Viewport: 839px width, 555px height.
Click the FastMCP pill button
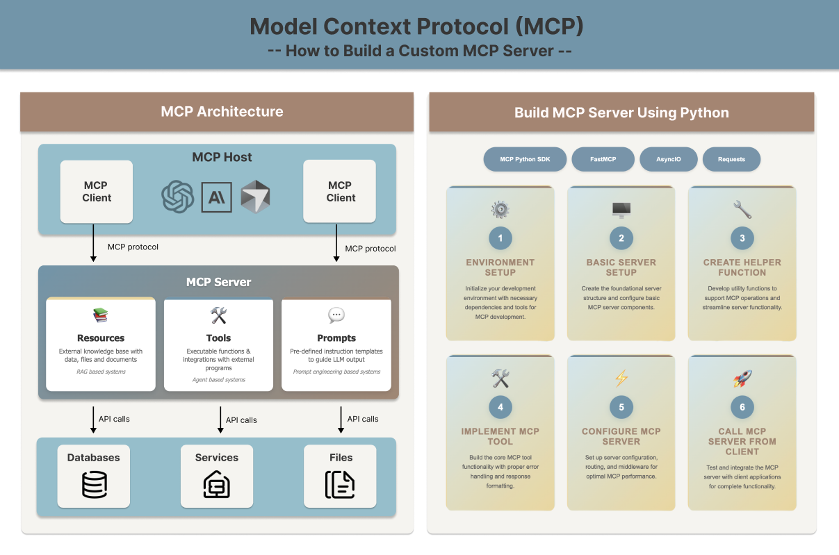pyautogui.click(x=603, y=159)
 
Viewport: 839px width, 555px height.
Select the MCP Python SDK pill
pyautogui.click(x=525, y=159)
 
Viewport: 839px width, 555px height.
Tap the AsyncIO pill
pyautogui.click(x=668, y=159)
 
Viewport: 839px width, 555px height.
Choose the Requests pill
pyautogui.click(x=731, y=159)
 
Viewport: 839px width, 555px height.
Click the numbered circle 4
pyautogui.click(x=500, y=407)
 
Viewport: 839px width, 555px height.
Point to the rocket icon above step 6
pyautogui.click(x=742, y=379)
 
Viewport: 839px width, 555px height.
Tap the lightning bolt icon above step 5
pyautogui.click(x=621, y=379)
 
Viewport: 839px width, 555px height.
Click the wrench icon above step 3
pyautogui.click(x=742, y=209)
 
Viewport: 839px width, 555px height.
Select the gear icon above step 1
pyautogui.click(x=500, y=209)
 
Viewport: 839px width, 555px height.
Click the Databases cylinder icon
pyautogui.click(x=95, y=484)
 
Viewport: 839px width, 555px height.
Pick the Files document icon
pyautogui.click(x=340, y=484)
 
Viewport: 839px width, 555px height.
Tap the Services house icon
pyautogui.click(x=216, y=484)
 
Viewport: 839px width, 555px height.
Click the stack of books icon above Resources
pyautogui.click(x=101, y=316)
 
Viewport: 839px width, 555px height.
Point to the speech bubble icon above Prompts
pyautogui.click(x=336, y=315)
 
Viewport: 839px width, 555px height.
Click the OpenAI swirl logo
pyautogui.click(x=177, y=197)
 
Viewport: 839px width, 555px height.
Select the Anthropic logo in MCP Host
pyautogui.click(x=216, y=197)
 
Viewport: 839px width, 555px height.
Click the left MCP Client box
pyautogui.click(x=97, y=192)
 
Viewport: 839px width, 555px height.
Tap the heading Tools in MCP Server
pyautogui.click(x=218, y=338)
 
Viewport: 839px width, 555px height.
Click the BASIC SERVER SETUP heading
pyautogui.click(x=621, y=267)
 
